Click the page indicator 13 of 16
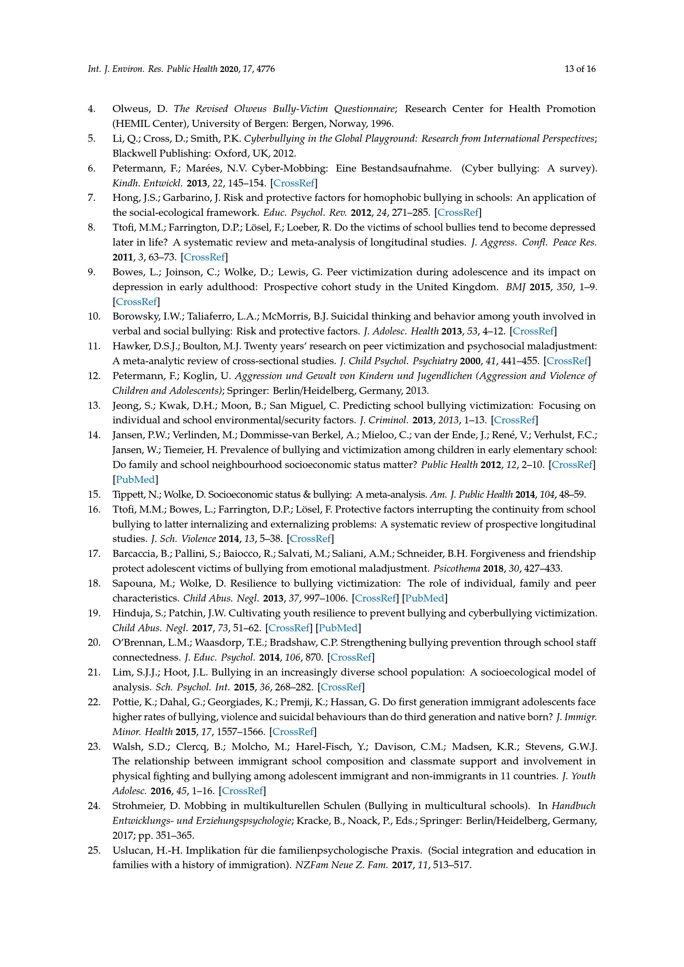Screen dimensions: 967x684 pos(579,69)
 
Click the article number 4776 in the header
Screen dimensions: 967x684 pos(265,69)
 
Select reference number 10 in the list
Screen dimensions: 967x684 pos(94,316)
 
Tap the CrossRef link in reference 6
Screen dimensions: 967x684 pos(294,183)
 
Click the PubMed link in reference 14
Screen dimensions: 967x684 pos(135,480)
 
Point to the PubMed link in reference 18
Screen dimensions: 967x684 pos(425,599)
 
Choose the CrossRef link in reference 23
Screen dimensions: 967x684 pos(242,791)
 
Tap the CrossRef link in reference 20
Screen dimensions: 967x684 pos(351,657)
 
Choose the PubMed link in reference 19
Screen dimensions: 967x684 pos(338,628)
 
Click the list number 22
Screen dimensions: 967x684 pos(94,702)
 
